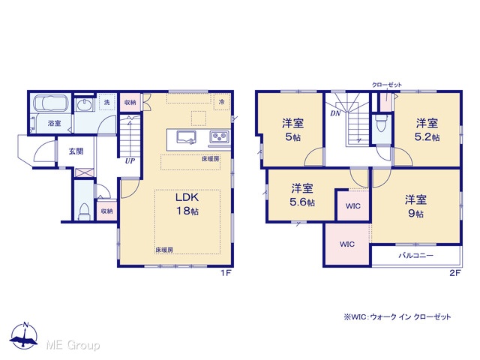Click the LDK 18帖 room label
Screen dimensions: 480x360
coord(187,204)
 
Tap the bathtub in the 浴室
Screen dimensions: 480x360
coord(51,103)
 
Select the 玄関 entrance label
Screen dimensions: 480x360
coord(76,151)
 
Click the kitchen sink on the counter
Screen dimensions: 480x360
coord(186,136)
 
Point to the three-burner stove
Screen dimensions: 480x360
coord(219,136)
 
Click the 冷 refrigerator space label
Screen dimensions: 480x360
coord(222,102)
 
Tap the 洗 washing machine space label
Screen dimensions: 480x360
coord(106,102)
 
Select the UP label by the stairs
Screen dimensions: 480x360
coord(130,161)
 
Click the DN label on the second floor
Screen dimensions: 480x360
coord(335,113)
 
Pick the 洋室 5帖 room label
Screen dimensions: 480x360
coord(292,130)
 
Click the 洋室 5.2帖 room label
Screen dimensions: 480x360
coord(427,130)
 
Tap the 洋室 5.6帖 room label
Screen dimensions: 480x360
coord(302,195)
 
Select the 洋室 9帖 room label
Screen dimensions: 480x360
coord(415,206)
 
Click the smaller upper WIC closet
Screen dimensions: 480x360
coord(353,205)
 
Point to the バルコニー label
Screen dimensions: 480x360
coord(415,255)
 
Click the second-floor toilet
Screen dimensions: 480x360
coord(382,123)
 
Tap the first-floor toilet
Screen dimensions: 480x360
coord(84,211)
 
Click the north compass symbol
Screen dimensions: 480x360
coord(24,336)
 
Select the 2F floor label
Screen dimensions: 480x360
coord(455,273)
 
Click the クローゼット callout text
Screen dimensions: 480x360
coord(387,85)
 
